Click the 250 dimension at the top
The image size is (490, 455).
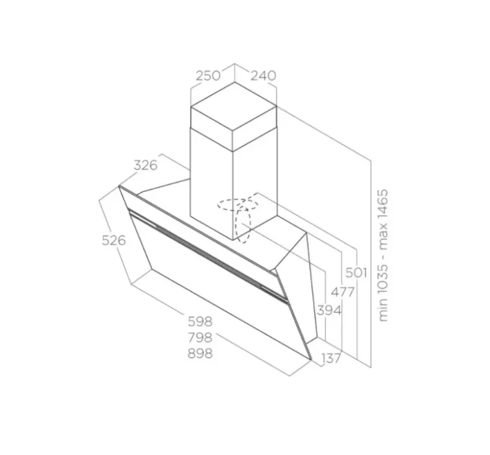point(208,76)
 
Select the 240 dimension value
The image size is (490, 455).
point(263,76)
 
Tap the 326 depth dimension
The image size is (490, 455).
point(145,165)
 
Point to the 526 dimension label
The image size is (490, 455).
point(114,240)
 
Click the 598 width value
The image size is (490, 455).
point(200,321)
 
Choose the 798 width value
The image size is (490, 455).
point(200,337)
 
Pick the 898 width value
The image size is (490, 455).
point(200,354)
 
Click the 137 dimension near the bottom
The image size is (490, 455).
point(331,358)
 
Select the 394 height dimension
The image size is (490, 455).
point(329,311)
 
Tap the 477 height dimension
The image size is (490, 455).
point(343,292)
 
